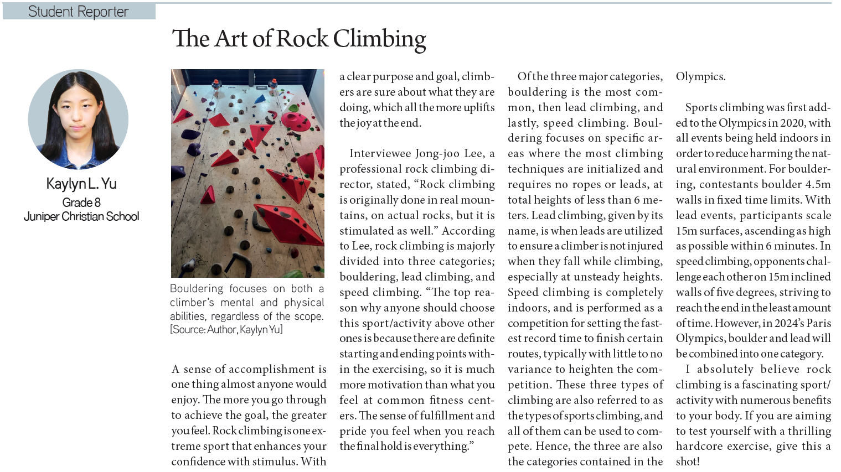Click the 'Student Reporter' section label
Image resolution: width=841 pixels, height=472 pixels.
click(x=78, y=12)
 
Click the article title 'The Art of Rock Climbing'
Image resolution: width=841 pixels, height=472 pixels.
click(x=299, y=39)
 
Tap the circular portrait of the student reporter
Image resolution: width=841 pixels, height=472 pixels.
click(x=78, y=119)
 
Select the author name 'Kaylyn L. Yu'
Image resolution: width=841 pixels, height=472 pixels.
click(x=81, y=184)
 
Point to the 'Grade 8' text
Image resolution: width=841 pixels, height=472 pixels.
click(x=81, y=203)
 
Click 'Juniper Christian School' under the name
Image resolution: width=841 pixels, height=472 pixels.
click(x=81, y=216)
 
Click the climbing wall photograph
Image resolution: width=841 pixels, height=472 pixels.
click(x=247, y=173)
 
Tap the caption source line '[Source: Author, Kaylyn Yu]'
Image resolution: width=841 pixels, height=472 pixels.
click(x=226, y=330)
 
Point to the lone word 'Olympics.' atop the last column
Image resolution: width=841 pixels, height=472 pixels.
click(x=700, y=77)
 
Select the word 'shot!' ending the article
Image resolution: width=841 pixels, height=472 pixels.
click(x=688, y=461)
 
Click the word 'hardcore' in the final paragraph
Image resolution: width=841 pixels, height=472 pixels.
click(x=699, y=446)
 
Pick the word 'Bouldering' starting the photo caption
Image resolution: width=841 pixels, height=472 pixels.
click(x=197, y=289)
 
